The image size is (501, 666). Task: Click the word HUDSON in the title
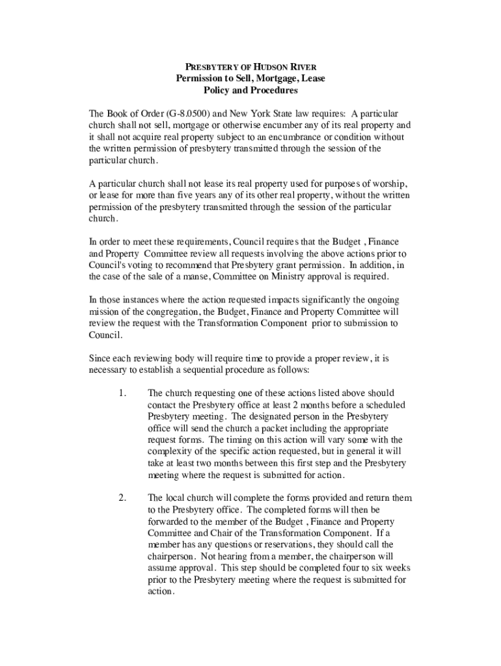click(264, 67)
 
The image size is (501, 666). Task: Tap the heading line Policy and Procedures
click(251, 90)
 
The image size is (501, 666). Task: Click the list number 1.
click(122, 393)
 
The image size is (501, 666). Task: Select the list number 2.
click(122, 498)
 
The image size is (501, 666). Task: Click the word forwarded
click(170, 522)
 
